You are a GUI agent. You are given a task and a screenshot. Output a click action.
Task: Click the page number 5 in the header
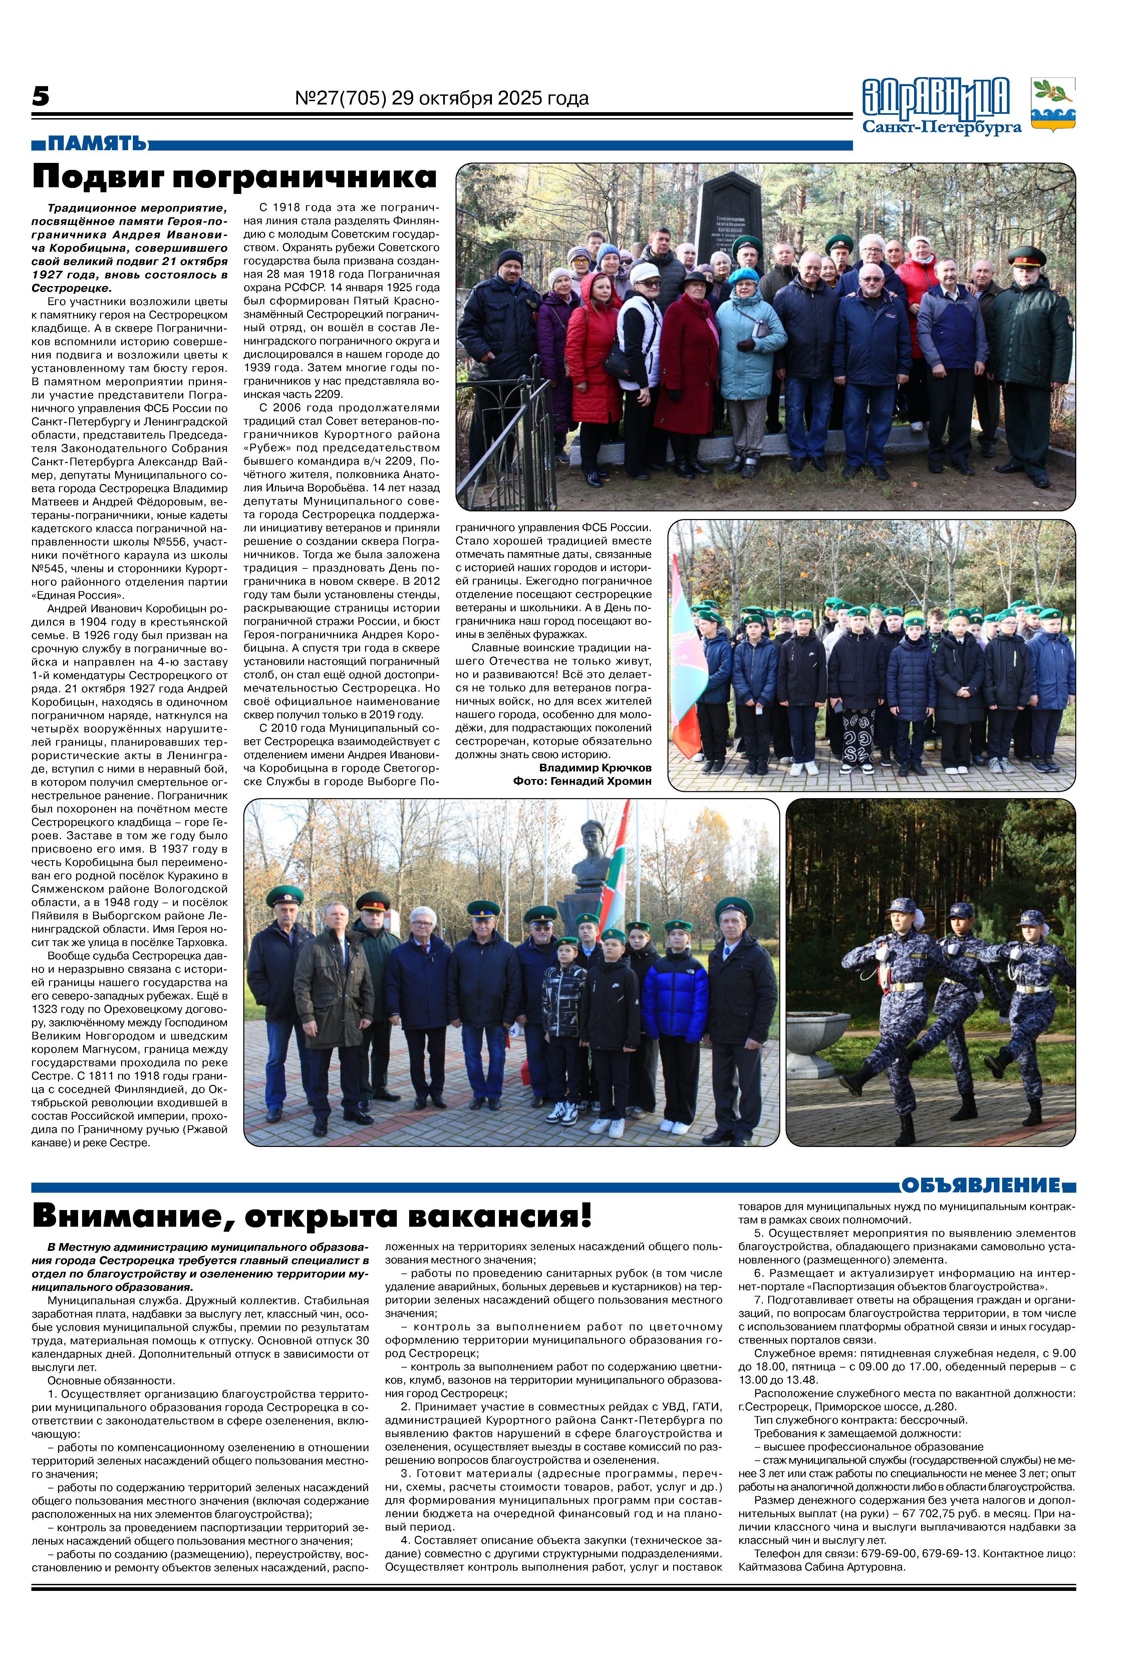click(x=41, y=96)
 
